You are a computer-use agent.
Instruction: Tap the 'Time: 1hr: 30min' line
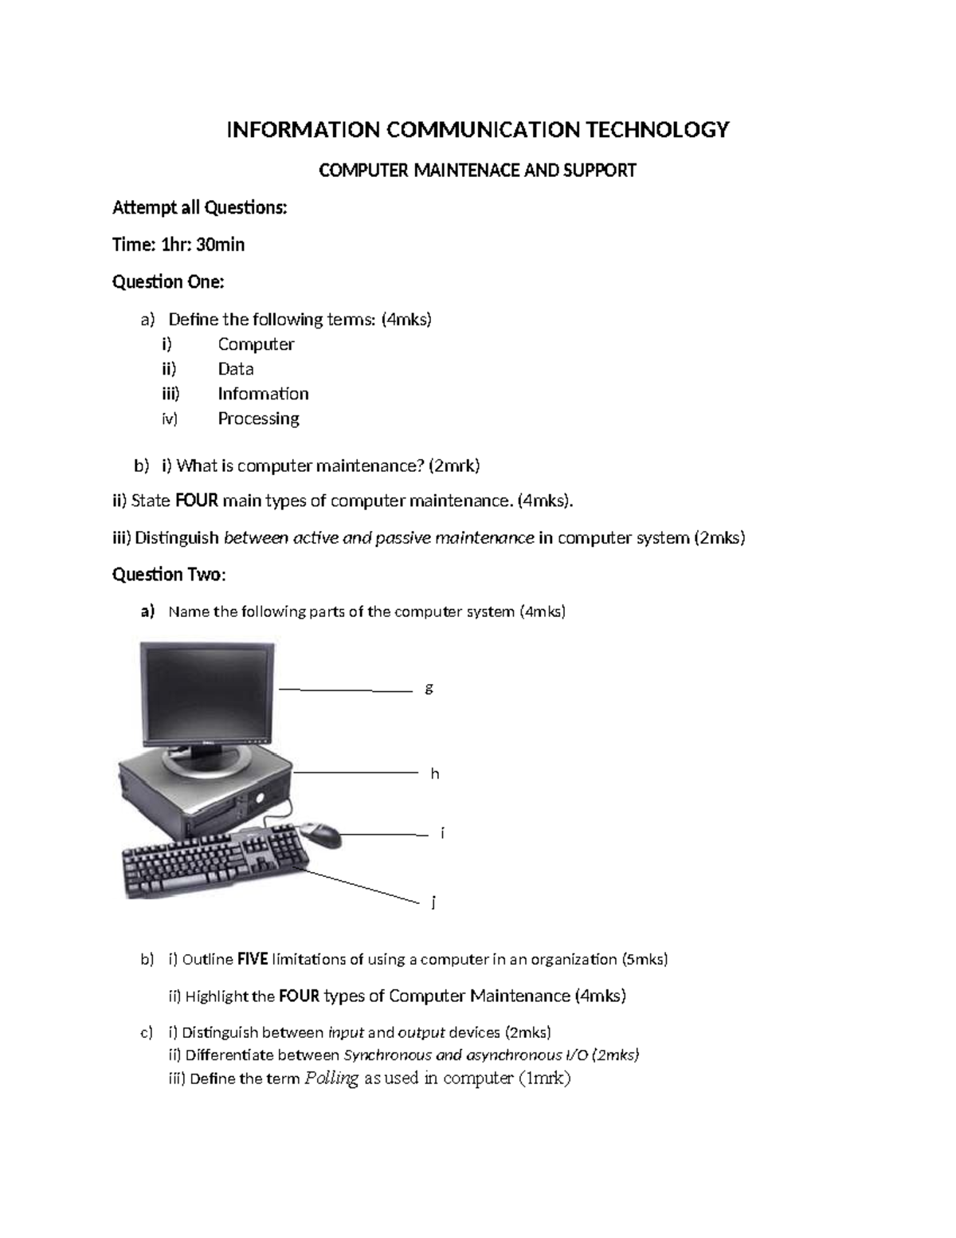tap(178, 245)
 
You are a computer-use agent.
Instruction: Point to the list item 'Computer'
tap(256, 344)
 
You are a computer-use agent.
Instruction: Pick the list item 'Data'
tap(236, 369)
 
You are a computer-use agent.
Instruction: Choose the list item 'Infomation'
tap(263, 394)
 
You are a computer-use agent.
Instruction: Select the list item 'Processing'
tap(258, 419)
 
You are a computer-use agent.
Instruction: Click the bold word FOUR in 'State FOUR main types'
tap(196, 501)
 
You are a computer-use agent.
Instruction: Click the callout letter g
tap(429, 688)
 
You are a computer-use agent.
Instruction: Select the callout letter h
tap(434, 773)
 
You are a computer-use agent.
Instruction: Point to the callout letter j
tap(433, 902)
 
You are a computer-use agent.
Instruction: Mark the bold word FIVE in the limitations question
tap(253, 959)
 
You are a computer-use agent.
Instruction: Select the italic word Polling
tap(331, 1079)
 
